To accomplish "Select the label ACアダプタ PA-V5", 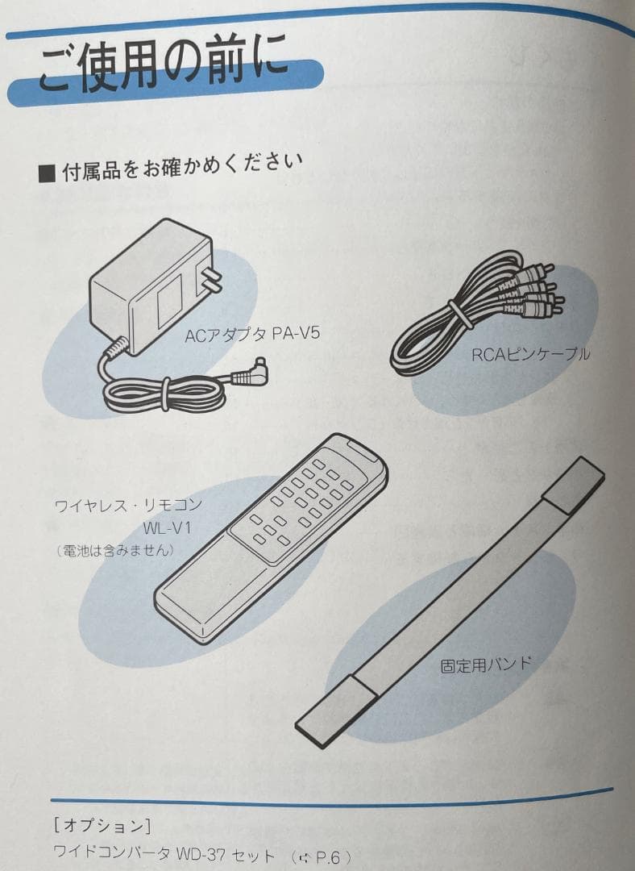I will click(x=252, y=332).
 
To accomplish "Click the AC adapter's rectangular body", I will click(x=149, y=286).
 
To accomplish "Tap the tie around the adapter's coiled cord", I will click(x=166, y=394).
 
